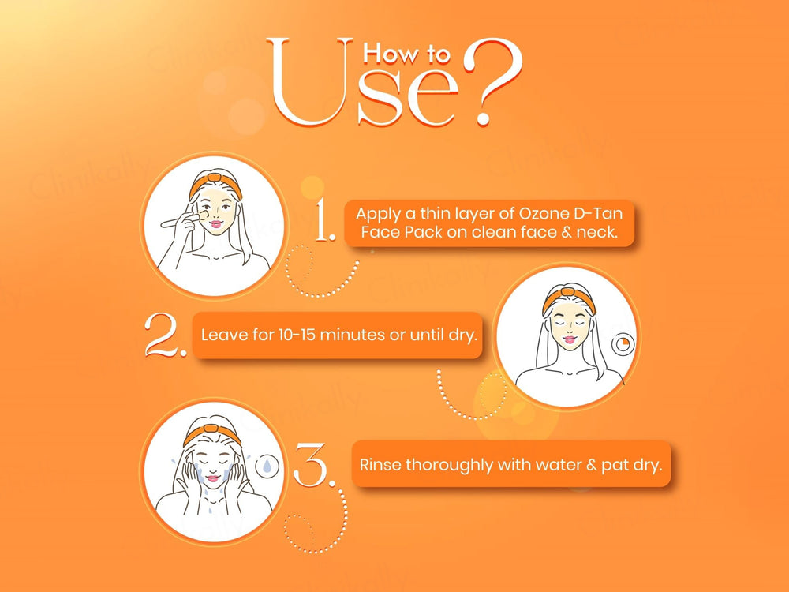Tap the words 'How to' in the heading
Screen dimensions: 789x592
pos(406,54)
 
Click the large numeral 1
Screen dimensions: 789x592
pos(324,219)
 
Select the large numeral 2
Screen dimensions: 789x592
pos(166,335)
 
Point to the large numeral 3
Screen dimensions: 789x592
pos(313,465)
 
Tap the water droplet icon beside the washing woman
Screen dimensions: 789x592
pos(266,466)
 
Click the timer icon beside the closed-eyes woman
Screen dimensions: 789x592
pos(623,344)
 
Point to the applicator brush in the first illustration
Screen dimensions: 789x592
pos(182,219)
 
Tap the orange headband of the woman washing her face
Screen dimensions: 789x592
pos(211,433)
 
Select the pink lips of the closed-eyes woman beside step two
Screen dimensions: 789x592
pos(569,339)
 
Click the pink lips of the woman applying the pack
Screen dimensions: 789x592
pos(216,224)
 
